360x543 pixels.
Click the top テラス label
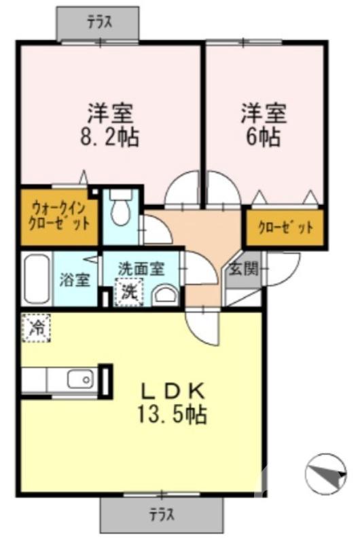[x=100, y=22]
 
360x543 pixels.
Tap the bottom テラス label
[x=161, y=514]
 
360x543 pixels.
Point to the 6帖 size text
[x=263, y=138]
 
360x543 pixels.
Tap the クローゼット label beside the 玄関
[x=285, y=227]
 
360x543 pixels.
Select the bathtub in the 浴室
[x=35, y=280]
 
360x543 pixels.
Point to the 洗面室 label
[x=141, y=267]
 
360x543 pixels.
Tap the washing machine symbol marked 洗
[x=129, y=293]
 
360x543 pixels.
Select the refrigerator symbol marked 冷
[x=35, y=329]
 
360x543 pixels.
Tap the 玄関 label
[x=242, y=269]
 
